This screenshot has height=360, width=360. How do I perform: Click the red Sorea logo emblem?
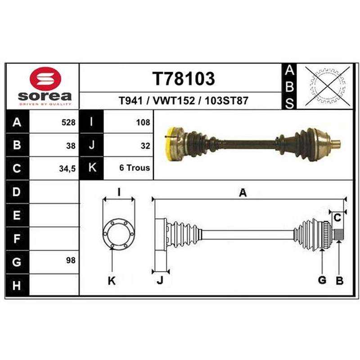45,78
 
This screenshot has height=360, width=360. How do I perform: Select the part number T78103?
184,78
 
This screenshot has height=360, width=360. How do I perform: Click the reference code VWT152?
174,100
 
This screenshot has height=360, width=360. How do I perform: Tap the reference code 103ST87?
226,100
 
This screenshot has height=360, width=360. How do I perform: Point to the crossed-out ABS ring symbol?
328,86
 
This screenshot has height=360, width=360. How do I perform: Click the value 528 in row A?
68,122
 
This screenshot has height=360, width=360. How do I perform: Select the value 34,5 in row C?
67,169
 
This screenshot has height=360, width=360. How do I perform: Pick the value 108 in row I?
143,122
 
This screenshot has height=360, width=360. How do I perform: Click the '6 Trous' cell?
135,168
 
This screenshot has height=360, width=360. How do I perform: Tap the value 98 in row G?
71,261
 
